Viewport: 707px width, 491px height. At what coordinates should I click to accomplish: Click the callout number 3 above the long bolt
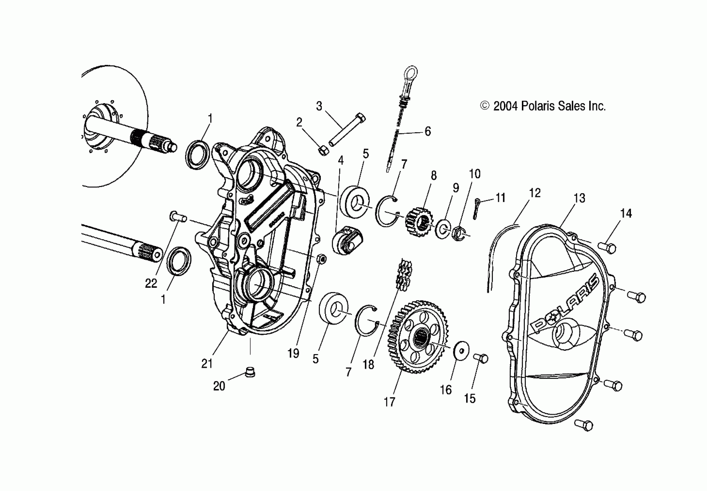(319, 107)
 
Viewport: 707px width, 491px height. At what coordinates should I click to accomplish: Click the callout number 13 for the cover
(579, 198)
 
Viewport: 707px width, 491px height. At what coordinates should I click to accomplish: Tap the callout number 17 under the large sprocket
(389, 402)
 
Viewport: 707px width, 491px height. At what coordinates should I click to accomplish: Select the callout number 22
(151, 283)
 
